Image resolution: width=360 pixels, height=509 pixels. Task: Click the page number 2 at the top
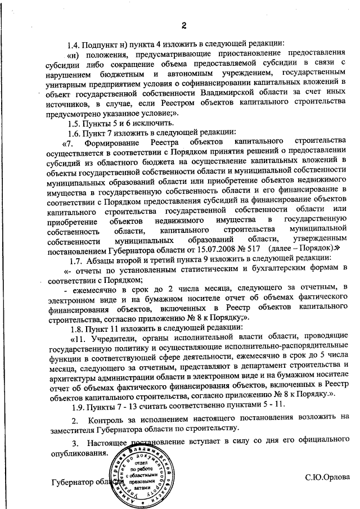184,24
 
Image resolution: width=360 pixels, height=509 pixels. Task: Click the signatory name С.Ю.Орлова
327,476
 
